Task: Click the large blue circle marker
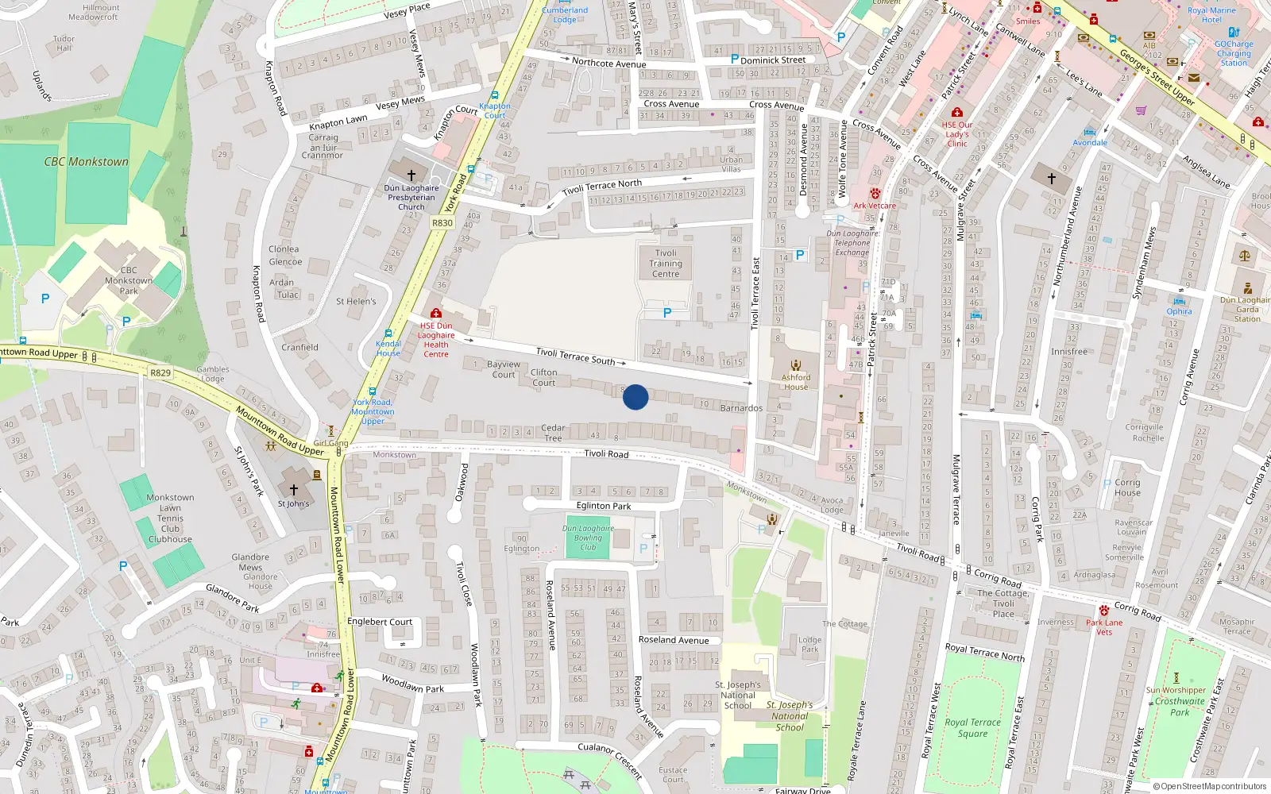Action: pyautogui.click(x=635, y=397)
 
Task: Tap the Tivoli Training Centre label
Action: pyautogui.click(x=666, y=264)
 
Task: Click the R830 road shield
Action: pyautogui.click(x=442, y=223)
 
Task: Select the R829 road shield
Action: pyautogui.click(x=160, y=372)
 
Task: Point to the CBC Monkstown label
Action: pyautogui.click(x=86, y=161)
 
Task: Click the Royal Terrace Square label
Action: pyautogui.click(x=972, y=728)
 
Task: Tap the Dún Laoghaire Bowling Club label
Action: pyautogui.click(x=588, y=538)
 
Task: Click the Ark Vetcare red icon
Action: pyautogui.click(x=875, y=193)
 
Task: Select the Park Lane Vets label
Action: pyautogui.click(x=1104, y=627)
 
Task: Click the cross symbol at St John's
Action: pyautogui.click(x=294, y=490)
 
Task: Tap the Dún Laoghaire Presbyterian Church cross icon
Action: pyautogui.click(x=411, y=175)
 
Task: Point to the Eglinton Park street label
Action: pyautogui.click(x=604, y=506)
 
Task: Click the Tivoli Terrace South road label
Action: pyautogui.click(x=575, y=356)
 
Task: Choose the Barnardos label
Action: pyautogui.click(x=741, y=408)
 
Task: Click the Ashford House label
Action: pyautogui.click(x=796, y=382)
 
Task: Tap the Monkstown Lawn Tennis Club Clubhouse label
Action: pyautogui.click(x=170, y=518)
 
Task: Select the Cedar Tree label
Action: pyautogui.click(x=553, y=433)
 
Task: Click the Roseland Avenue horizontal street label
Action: pyautogui.click(x=674, y=640)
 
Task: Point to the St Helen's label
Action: pyautogui.click(x=356, y=302)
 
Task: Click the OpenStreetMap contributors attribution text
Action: pyautogui.click(x=1209, y=786)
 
